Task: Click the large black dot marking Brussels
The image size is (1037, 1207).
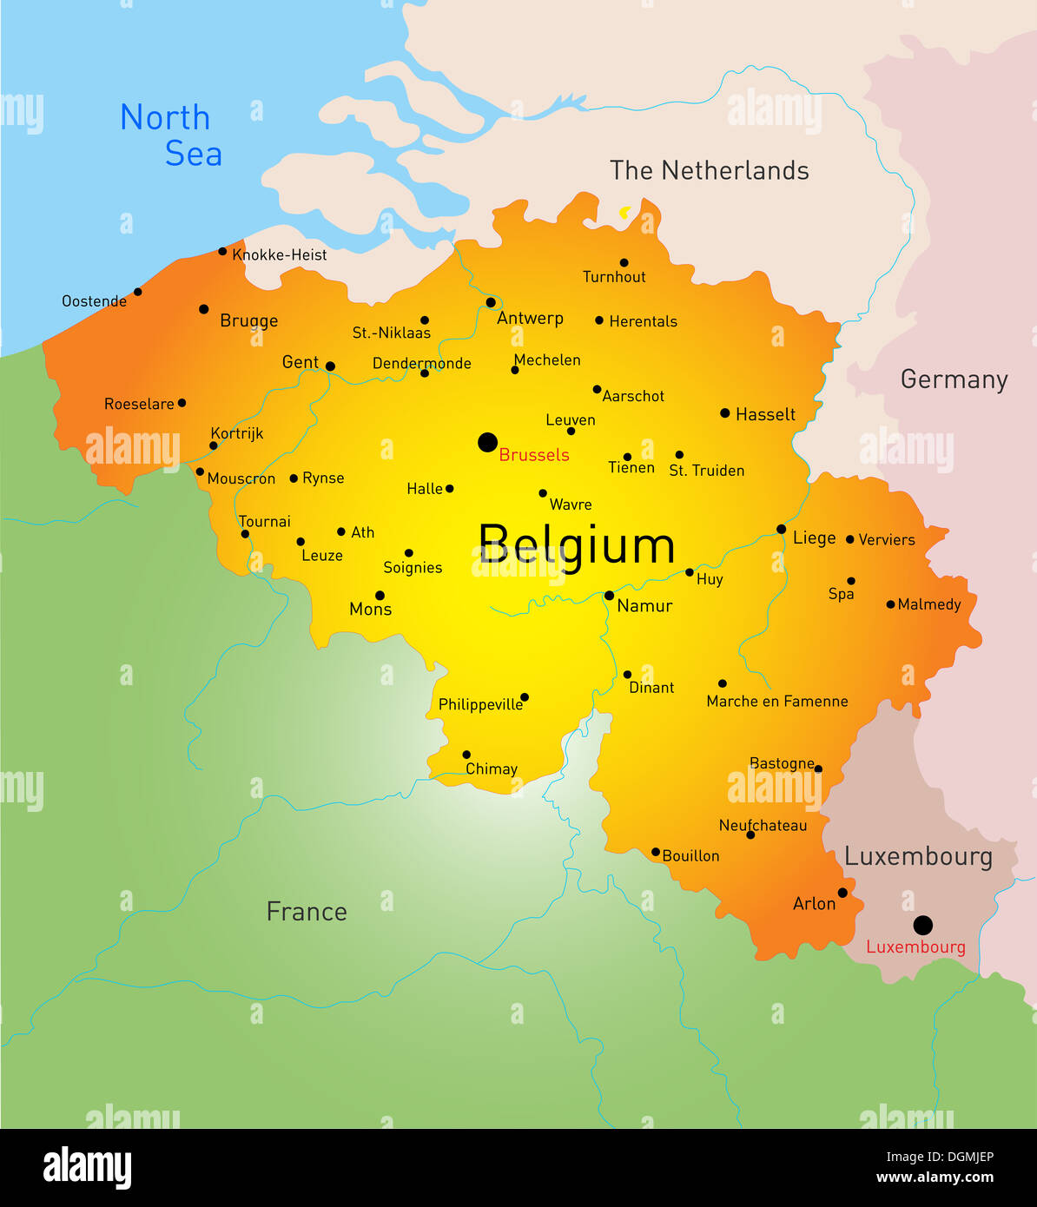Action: click(487, 442)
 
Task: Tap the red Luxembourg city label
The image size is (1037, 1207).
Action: click(915, 947)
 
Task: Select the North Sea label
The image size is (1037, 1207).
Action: click(172, 135)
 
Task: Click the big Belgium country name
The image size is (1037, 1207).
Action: click(577, 545)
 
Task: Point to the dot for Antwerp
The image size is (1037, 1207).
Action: click(491, 302)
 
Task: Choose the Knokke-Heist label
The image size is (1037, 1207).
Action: click(280, 255)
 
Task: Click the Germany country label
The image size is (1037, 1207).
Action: click(954, 379)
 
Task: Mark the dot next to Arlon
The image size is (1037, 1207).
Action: click(842, 893)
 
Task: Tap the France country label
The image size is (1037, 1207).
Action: click(307, 912)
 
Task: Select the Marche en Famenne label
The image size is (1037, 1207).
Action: click(777, 702)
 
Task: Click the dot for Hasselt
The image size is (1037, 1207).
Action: click(724, 413)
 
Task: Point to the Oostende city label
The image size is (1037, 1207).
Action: click(94, 301)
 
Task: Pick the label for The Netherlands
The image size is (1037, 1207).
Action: click(709, 170)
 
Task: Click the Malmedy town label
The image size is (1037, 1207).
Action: click(929, 604)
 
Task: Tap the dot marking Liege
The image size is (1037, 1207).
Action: click(781, 529)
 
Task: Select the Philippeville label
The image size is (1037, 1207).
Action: click(480, 704)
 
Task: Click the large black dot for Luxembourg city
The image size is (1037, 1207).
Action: click(923, 924)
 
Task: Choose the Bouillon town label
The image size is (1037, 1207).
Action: click(690, 856)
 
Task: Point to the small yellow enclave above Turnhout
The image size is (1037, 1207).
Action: click(624, 212)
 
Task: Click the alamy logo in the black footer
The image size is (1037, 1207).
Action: click(87, 1167)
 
